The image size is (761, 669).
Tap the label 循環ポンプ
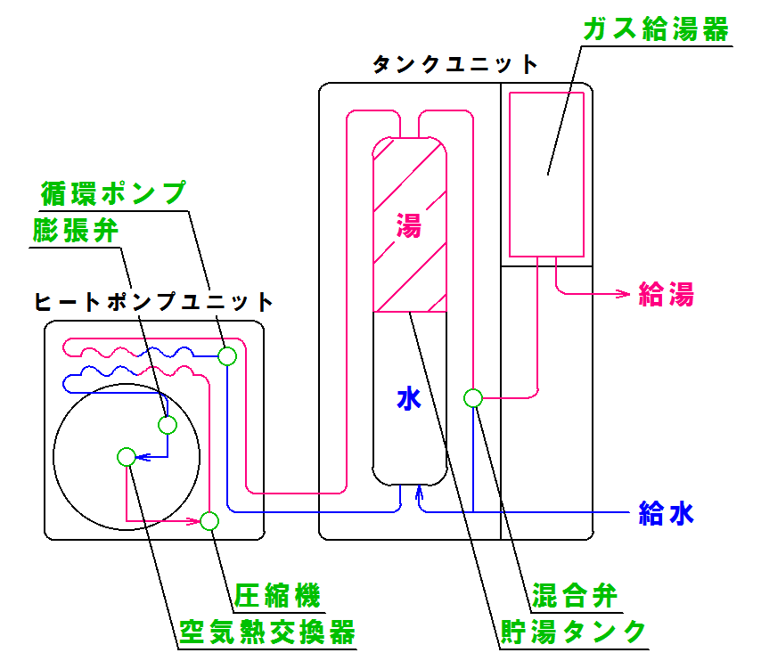click(113, 192)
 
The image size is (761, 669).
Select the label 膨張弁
click(77, 231)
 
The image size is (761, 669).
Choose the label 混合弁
click(574, 594)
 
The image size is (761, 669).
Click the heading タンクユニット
click(455, 65)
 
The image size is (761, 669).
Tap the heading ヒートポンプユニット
click(152, 301)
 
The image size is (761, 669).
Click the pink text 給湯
click(666, 294)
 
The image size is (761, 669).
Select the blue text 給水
click(666, 513)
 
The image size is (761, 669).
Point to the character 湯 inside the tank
click(408, 226)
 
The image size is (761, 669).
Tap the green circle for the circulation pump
click(227, 355)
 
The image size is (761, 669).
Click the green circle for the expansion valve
click(168, 424)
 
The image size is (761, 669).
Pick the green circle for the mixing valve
click(473, 397)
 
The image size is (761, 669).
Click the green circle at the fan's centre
click(126, 457)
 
